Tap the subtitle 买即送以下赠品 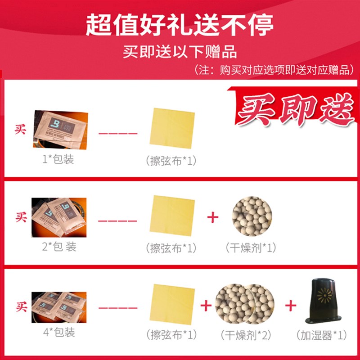coord(180,51)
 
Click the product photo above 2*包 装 coord(61,217)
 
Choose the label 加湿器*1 coord(321,335)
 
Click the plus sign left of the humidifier coord(290,306)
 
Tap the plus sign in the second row coord(212,217)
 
